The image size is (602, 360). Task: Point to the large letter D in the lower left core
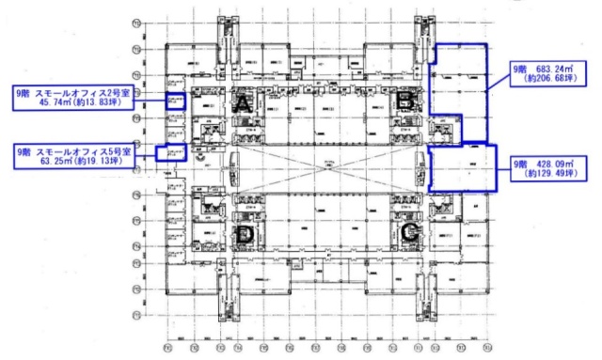tap(245, 234)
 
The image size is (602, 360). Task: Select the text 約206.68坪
tap(548, 81)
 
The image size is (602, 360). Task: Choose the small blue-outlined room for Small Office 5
tap(172, 153)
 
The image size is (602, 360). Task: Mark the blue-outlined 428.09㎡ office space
tap(463, 167)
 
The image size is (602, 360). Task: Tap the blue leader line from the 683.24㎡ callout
tap(498, 82)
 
